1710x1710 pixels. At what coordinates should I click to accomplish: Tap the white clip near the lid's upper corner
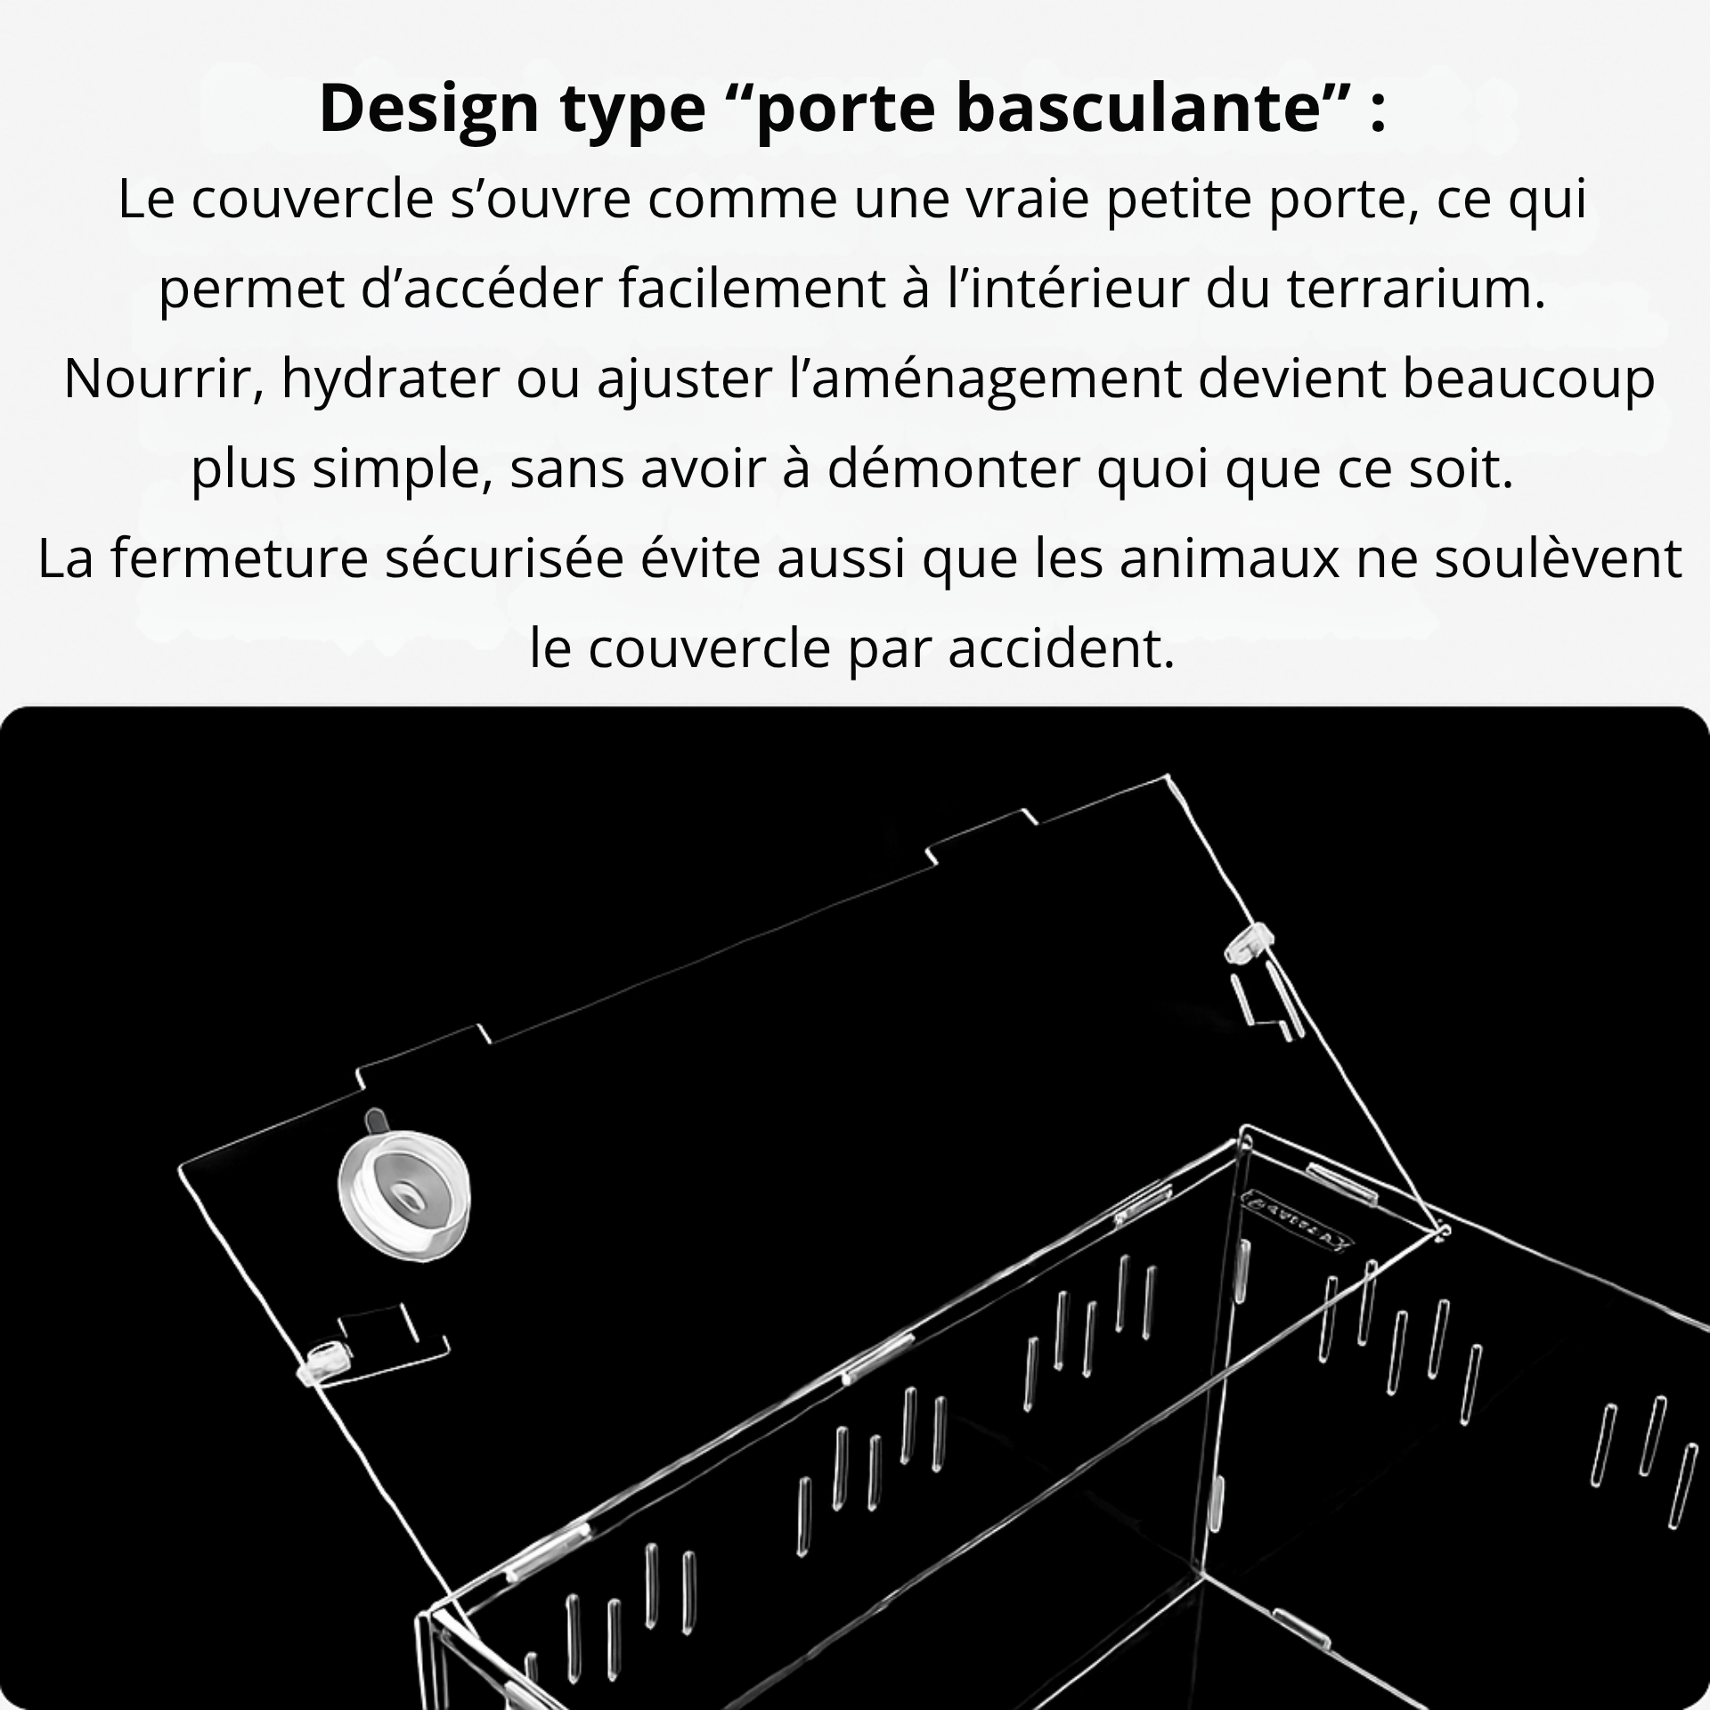click(1248, 948)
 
